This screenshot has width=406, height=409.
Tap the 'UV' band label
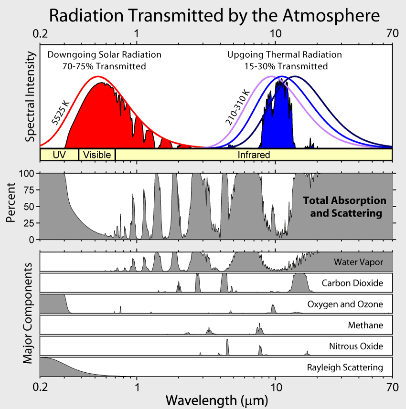coord(59,155)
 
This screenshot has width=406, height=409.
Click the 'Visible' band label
coord(97,155)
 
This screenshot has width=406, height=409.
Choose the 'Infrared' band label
coord(254,155)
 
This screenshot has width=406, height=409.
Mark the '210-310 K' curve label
coord(237,107)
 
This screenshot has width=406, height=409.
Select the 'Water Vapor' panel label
coord(358,262)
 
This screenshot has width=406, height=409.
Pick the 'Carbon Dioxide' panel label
coord(352,283)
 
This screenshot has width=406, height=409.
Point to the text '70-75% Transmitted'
coord(104,66)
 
